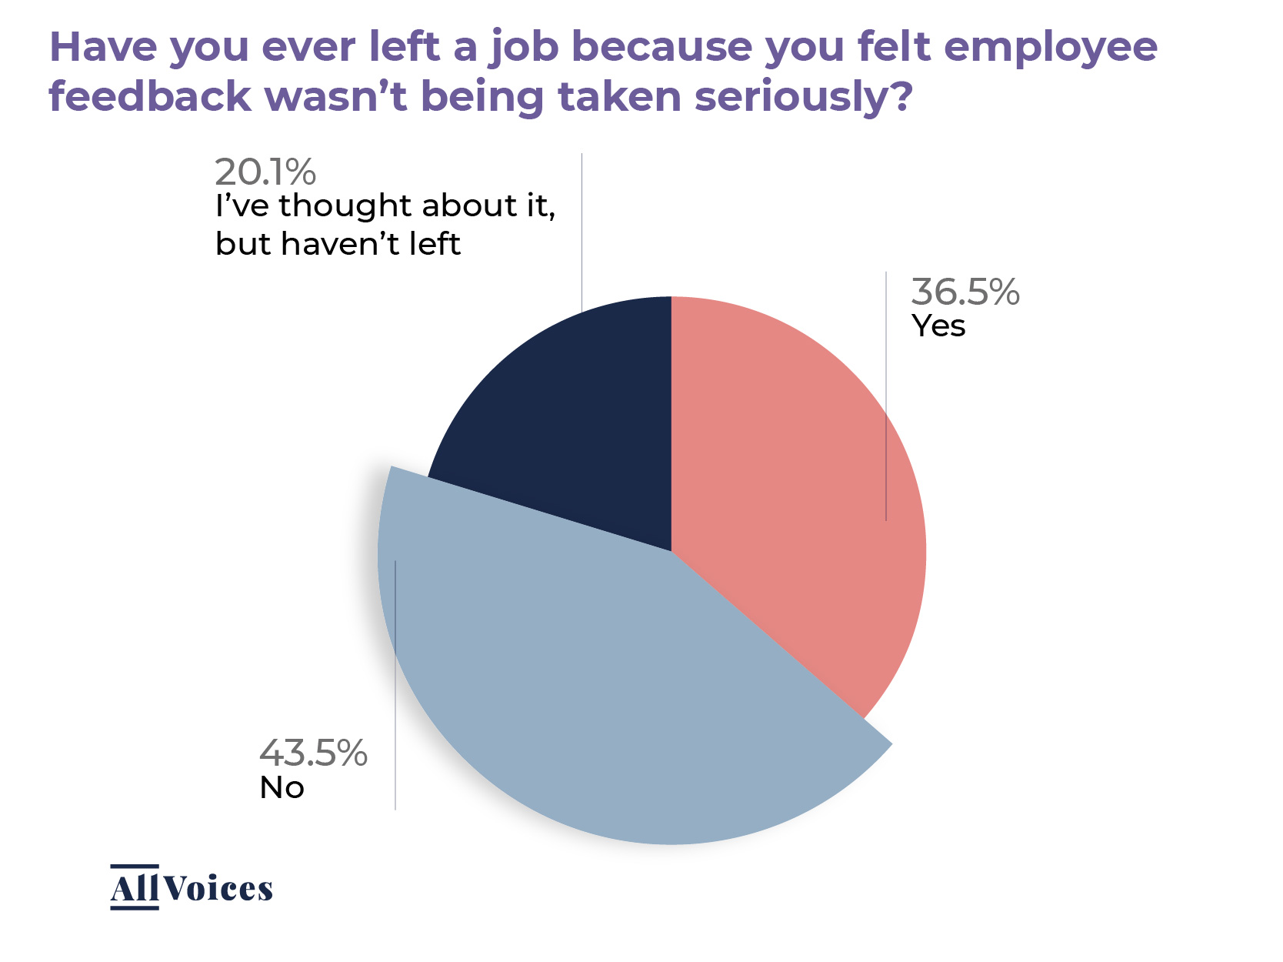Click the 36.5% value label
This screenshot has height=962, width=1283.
(x=965, y=292)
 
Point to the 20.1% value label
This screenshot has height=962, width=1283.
(x=265, y=172)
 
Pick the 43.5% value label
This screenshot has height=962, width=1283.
(x=313, y=753)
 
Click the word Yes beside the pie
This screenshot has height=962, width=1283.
(x=938, y=326)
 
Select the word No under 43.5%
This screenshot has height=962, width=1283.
(x=282, y=788)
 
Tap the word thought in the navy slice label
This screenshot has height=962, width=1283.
(x=345, y=206)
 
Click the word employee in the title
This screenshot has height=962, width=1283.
(x=1050, y=48)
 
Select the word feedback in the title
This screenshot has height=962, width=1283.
(x=150, y=97)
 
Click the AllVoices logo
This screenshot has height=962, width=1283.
(x=192, y=888)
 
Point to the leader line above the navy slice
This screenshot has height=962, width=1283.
(x=582, y=231)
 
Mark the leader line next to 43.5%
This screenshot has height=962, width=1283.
(x=395, y=685)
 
